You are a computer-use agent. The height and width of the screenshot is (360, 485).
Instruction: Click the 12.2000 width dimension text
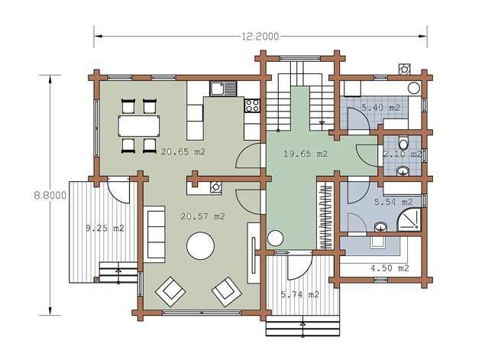tap(260, 37)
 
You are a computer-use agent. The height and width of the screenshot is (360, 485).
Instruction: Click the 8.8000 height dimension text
tap(50, 196)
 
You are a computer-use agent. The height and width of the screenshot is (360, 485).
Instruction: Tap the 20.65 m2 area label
tap(183, 152)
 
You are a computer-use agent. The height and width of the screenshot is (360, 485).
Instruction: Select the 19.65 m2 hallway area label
tap(306, 154)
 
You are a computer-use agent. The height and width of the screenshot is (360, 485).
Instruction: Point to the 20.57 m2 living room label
tap(202, 216)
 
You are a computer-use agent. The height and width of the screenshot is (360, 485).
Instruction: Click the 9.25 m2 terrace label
tap(105, 229)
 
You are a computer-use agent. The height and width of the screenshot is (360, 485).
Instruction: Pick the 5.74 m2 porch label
tap(300, 294)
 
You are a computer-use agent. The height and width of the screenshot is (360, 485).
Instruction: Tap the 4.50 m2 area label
tap(390, 268)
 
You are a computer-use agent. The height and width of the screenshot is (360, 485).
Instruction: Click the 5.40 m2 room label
tap(381, 108)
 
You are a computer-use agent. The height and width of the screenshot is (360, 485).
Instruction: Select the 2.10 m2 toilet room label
tap(403, 154)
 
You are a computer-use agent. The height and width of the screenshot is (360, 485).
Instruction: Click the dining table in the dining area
tap(139, 126)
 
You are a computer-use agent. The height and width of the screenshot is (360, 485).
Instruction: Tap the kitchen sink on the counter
tap(223, 88)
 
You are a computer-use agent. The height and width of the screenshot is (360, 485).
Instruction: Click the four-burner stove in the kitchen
tap(252, 105)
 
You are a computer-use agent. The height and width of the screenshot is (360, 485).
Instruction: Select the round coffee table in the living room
tap(201, 246)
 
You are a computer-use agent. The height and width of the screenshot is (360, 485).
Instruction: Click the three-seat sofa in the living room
tap(154, 234)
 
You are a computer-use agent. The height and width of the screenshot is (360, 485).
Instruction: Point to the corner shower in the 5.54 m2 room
tap(409, 219)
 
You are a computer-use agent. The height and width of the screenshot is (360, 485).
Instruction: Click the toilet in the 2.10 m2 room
tap(403, 142)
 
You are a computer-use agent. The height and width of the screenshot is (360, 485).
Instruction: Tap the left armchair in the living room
tap(170, 291)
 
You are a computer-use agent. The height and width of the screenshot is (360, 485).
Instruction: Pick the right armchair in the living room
tap(227, 291)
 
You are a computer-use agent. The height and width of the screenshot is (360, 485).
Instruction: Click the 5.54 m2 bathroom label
tap(393, 202)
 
